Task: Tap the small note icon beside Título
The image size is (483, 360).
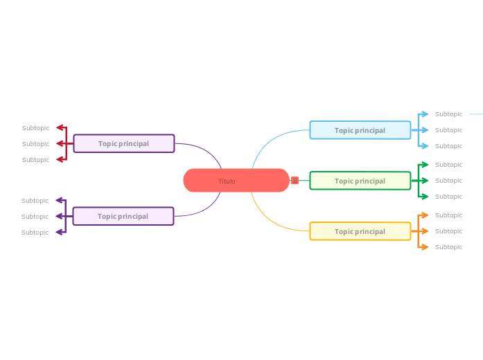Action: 295,181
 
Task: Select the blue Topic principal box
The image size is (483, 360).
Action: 360,130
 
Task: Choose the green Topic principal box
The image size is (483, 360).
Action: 360,181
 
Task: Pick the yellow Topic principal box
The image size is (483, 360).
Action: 360,231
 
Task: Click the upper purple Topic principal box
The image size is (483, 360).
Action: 123,143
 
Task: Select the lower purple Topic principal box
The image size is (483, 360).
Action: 123,216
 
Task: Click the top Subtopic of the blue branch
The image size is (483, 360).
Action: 448,114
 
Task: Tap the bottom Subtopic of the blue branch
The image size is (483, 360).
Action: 448,146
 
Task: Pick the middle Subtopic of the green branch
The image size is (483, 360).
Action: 448,181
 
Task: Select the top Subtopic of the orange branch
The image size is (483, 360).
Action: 448,215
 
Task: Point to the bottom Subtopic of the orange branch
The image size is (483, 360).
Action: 448,247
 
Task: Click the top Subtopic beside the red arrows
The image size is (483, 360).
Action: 35,128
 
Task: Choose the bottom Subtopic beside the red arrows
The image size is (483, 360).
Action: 35,160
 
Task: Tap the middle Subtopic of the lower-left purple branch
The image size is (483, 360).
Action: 35,217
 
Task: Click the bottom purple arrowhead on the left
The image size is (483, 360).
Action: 60,232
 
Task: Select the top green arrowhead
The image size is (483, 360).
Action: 425,165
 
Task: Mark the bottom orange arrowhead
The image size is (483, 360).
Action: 425,247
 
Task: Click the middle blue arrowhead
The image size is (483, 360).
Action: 425,130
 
